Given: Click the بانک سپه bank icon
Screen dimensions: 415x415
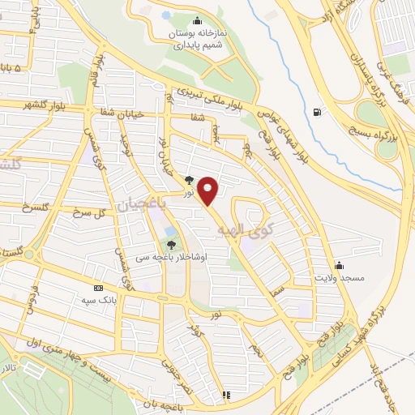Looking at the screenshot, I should [x=99, y=288].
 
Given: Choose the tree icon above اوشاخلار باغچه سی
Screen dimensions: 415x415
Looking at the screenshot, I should [x=171, y=244].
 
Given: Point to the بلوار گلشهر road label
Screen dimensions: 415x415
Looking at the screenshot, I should [x=29, y=105].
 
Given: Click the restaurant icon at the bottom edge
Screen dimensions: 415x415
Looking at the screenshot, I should [x=226, y=396].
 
